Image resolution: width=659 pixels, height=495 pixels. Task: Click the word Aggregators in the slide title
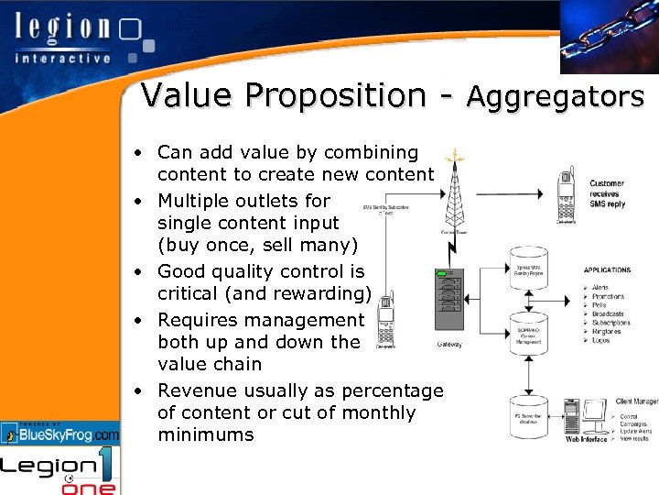click(x=556, y=96)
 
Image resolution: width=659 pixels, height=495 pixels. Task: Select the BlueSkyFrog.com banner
click(x=60, y=434)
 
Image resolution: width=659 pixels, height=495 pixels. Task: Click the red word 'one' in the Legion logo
click(x=89, y=485)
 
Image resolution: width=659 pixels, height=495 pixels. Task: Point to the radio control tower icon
click(x=453, y=188)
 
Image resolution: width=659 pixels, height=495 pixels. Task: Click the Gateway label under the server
click(x=449, y=345)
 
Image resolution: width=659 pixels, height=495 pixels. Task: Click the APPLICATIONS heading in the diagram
click(x=607, y=270)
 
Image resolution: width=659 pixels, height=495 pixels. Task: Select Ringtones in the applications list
click(x=608, y=331)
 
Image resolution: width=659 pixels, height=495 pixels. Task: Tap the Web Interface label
click(x=586, y=440)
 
